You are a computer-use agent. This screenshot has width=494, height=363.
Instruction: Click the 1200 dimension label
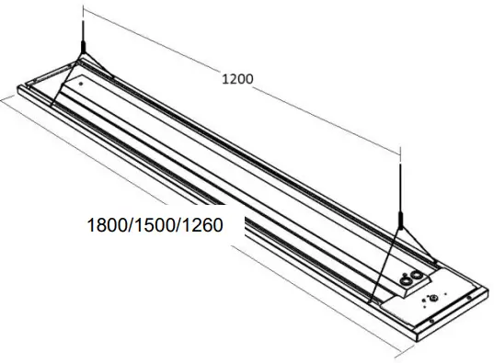point(238,79)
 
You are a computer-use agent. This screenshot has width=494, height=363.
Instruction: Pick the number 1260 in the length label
point(203,223)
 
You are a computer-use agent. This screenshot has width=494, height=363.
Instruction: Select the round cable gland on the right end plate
point(432,297)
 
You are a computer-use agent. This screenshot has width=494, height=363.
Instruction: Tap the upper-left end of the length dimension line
point(3,101)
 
